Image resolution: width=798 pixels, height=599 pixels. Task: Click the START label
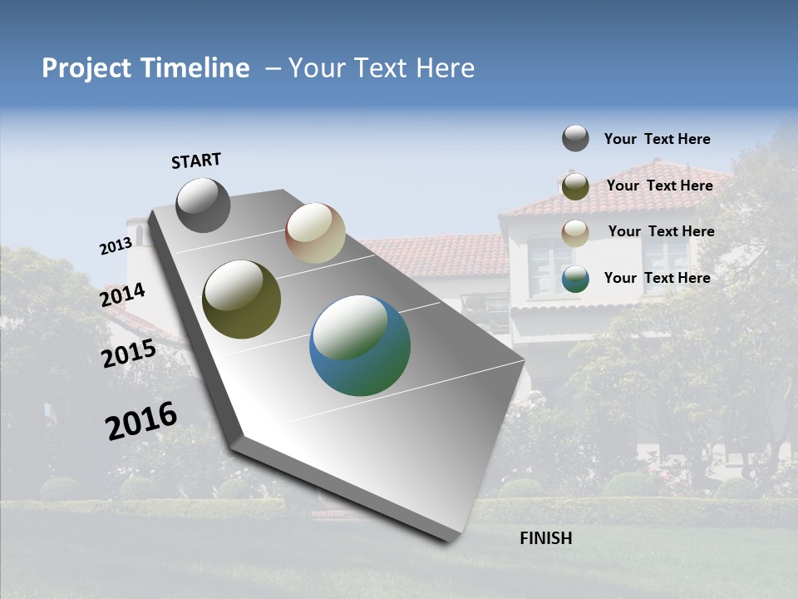coord(196,161)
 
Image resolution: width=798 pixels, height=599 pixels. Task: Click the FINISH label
coord(546,538)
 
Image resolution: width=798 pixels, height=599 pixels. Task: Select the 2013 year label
coord(116,246)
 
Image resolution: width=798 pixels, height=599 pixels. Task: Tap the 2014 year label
coord(123,295)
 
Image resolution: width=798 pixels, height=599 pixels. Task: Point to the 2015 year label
coord(129,354)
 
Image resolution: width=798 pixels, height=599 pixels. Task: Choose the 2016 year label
coord(141,420)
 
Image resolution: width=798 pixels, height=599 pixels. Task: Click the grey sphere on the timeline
coord(203,205)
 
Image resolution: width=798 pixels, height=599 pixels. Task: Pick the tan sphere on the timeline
coord(315,233)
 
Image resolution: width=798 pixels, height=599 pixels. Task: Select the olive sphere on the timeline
coord(241,299)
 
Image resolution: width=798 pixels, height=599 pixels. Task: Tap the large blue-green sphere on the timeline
coord(359,345)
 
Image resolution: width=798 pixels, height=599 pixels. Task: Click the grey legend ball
coord(575,138)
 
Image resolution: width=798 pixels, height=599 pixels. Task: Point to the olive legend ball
coord(575,186)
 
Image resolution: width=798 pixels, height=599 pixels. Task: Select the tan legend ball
coord(575,233)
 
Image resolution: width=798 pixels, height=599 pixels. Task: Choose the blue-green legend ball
coord(575,279)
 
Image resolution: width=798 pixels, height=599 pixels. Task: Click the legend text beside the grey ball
coord(657,139)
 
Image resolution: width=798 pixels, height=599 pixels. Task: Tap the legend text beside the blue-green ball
coord(657,278)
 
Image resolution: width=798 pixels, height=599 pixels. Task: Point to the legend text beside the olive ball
coord(659,186)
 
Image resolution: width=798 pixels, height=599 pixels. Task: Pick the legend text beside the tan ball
coord(661,231)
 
